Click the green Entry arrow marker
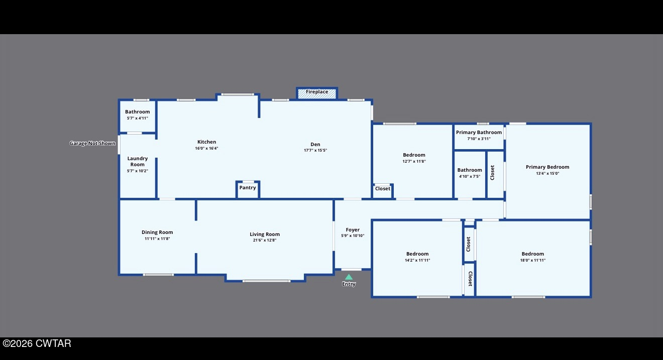point(349,277)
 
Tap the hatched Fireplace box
point(317,92)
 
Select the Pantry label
point(248,188)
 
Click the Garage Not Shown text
point(92,144)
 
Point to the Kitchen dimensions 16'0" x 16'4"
point(206,148)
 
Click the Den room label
point(315,144)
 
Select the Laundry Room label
point(137,161)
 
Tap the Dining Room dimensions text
point(157,238)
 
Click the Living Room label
point(265,234)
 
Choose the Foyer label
point(353,230)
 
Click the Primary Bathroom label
point(479,133)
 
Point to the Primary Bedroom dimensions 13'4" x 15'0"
point(547,174)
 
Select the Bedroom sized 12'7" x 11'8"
point(414,155)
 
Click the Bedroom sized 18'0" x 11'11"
point(532,254)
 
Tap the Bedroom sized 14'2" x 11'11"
point(417,254)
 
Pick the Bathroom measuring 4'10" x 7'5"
point(470,170)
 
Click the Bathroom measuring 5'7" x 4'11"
point(137,112)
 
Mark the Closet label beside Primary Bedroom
point(493,173)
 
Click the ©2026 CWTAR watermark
point(37,344)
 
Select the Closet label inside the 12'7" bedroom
point(383,189)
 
